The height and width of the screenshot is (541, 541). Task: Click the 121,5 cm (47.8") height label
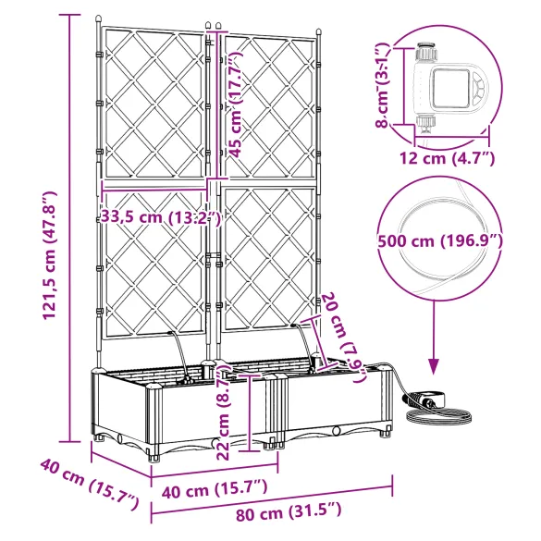click(50, 256)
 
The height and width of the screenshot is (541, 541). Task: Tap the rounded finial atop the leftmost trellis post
click(97, 19)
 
